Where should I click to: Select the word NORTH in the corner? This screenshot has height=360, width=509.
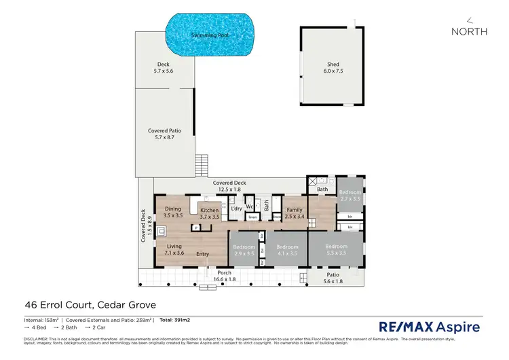click(x=469, y=31)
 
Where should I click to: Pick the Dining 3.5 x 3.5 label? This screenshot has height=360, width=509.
click(x=174, y=212)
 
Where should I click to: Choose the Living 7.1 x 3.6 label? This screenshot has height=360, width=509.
click(x=174, y=250)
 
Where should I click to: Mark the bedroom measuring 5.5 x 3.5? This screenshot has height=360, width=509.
click(x=336, y=249)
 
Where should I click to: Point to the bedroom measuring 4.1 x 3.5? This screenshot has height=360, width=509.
click(x=287, y=250)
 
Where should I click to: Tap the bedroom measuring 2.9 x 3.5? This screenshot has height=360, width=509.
click(x=244, y=250)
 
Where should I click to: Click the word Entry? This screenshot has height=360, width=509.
click(x=202, y=254)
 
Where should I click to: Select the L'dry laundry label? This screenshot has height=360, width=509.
click(x=236, y=209)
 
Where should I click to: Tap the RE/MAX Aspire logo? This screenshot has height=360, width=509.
click(x=428, y=327)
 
